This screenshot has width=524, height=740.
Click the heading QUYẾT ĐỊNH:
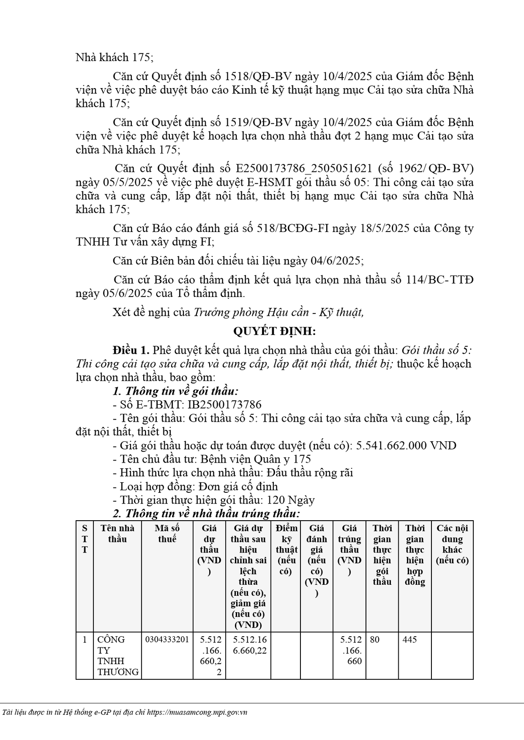click(274, 331)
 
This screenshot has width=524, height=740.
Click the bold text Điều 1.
click(131, 350)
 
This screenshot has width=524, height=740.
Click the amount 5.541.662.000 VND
click(406, 445)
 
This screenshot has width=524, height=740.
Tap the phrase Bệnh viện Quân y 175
click(256, 459)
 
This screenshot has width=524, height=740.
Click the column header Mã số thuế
click(167, 533)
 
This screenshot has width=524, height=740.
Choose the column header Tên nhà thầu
click(117, 533)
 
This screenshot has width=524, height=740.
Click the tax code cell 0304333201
click(167, 640)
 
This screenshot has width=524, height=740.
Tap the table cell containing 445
click(410, 640)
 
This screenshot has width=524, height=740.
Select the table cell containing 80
click(375, 640)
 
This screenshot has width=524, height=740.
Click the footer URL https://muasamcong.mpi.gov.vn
click(197, 713)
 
